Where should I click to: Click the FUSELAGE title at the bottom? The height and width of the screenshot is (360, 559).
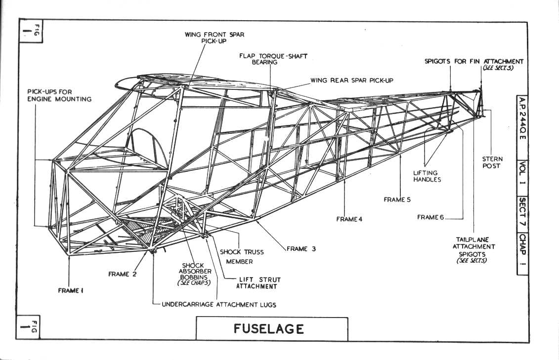(269, 329)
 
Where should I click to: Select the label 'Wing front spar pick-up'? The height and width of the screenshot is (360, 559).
(215, 38)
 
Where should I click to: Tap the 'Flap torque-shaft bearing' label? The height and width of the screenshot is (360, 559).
(273, 59)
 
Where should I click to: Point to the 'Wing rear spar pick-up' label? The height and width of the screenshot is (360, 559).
(351, 80)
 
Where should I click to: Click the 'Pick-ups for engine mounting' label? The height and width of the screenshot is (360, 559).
(59, 95)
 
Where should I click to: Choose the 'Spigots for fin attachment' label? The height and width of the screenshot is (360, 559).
(474, 64)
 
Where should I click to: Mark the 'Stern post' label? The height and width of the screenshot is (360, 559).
(492, 162)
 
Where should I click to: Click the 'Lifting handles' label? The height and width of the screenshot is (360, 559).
(427, 176)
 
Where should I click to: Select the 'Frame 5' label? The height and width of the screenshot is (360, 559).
(397, 200)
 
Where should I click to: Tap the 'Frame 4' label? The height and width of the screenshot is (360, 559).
(349, 219)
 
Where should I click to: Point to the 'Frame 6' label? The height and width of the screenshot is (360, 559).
(430, 217)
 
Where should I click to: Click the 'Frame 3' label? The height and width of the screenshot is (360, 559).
(301, 249)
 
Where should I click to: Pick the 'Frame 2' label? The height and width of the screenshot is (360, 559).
(122, 274)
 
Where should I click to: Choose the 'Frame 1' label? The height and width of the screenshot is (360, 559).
(71, 290)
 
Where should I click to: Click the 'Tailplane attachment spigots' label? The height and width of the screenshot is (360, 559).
(473, 250)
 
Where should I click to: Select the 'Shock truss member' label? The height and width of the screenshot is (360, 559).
(241, 256)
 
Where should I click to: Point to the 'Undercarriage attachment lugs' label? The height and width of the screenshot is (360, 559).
(219, 305)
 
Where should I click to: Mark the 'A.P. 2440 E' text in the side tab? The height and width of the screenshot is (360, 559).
(522, 118)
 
